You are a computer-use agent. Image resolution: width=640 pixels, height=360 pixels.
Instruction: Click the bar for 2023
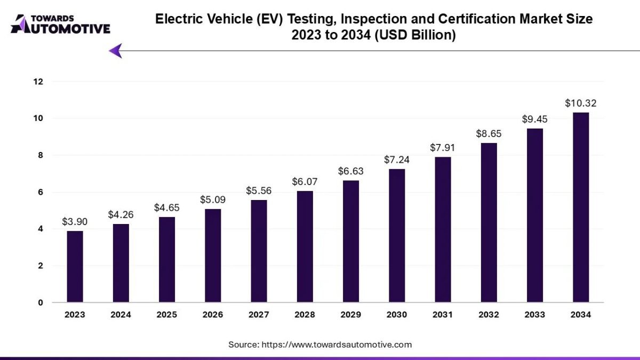pos(75,267)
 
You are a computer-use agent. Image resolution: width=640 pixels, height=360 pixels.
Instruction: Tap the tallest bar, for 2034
pos(581,207)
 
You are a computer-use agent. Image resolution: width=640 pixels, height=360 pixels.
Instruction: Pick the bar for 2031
pos(443,230)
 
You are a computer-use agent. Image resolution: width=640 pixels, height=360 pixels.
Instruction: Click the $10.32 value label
pos(581,103)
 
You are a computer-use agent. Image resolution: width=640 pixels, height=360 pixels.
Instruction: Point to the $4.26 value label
pos(121,215)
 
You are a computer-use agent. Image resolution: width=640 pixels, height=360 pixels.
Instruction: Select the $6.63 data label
pos(351,171)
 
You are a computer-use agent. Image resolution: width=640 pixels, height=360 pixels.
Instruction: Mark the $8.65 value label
pos(489,134)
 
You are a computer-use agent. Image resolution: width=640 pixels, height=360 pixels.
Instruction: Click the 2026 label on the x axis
pos(213,315)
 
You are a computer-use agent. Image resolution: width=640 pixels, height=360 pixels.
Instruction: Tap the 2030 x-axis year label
pos(397,315)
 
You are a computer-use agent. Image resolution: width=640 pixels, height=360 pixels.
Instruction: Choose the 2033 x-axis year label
pos(535,315)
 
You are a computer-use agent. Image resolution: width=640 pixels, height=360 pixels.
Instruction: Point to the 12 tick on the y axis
pos(38,82)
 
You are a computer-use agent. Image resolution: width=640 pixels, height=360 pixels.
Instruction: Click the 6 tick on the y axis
pos(40,192)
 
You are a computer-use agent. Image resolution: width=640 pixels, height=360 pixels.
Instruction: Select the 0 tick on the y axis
pos(40,303)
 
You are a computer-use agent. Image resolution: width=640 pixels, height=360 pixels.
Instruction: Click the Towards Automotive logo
pos(60,24)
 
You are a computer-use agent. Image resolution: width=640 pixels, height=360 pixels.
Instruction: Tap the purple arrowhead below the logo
pos(116,51)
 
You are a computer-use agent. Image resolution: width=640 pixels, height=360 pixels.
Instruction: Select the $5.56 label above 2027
pos(259,190)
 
